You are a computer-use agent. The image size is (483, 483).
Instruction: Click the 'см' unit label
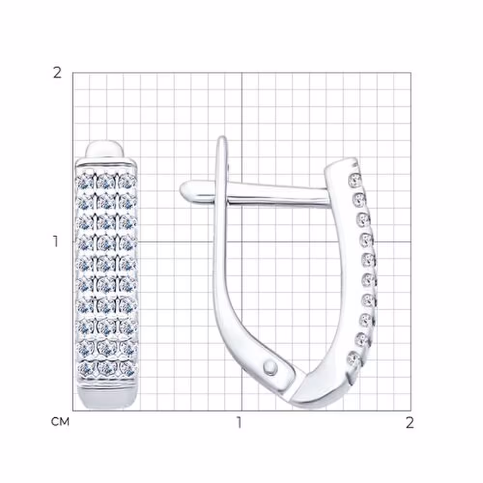point(60,422)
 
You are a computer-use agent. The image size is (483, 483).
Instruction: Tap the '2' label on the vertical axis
point(57,73)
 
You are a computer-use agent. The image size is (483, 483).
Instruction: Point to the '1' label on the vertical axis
point(56,242)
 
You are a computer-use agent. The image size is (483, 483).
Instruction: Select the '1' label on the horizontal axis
point(239,423)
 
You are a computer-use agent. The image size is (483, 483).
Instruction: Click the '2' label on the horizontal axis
point(410,423)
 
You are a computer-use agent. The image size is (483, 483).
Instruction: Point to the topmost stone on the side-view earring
point(355,179)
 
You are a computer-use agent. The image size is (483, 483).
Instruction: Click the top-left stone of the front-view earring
point(85,182)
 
